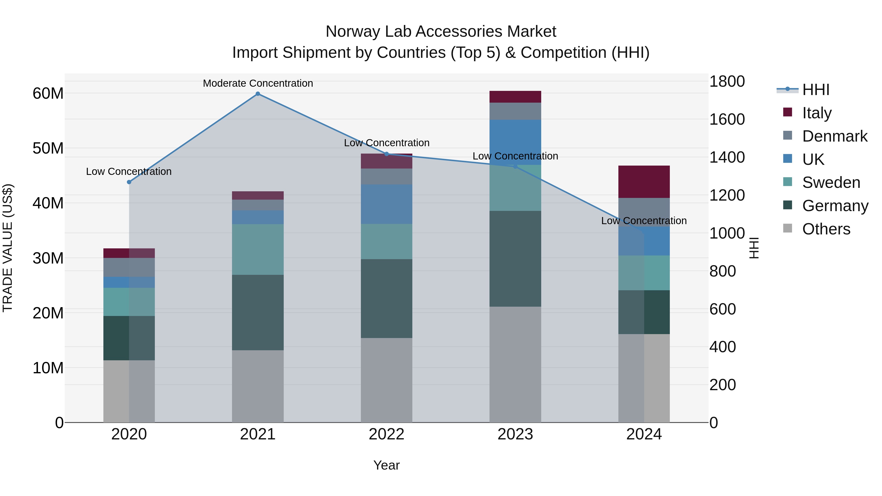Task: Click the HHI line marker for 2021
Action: coord(258,94)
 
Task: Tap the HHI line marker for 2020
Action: coord(129,182)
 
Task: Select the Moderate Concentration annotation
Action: coord(258,83)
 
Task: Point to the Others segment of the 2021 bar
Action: coord(258,386)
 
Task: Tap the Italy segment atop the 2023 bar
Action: coord(515,97)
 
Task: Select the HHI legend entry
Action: coord(816,90)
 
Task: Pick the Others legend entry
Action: coord(826,229)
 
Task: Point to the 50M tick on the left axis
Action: coord(48,148)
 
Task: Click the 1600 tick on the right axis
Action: coord(727,120)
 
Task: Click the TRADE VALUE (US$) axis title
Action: coord(8,248)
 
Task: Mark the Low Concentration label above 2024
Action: coord(644,221)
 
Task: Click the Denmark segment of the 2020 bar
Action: coord(129,267)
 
